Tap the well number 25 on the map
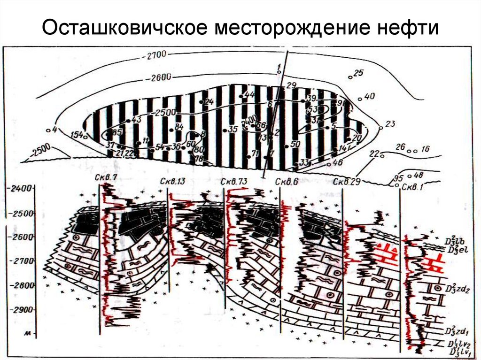pos(358,73)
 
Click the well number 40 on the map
pos(370,97)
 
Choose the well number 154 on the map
pos(76,135)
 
